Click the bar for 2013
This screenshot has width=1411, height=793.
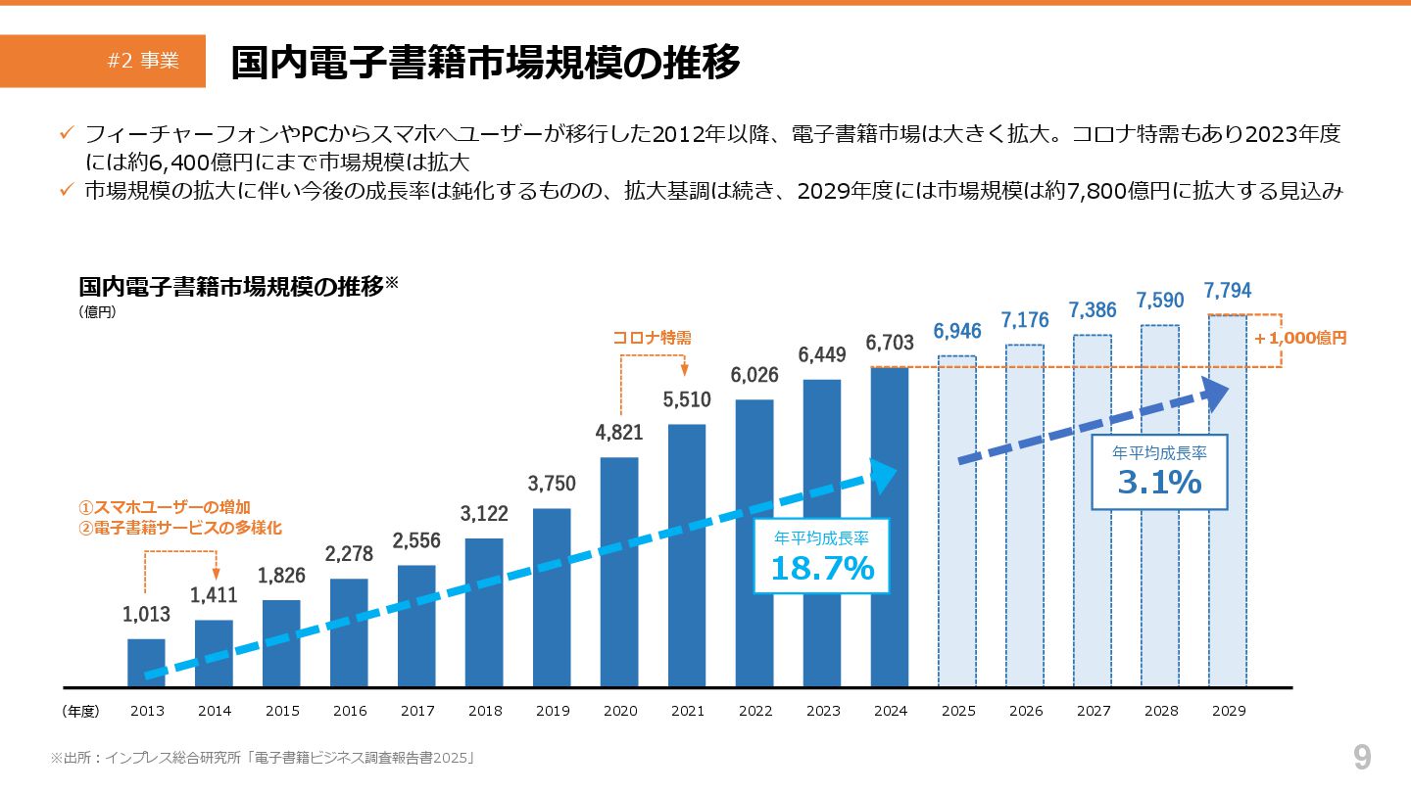[146, 663]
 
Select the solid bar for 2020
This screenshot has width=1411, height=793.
[619, 572]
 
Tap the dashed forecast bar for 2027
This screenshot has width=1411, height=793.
[1093, 510]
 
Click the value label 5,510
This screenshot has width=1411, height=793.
[687, 399]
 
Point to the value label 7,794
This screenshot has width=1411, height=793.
[1228, 291]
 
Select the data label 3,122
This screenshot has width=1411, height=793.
[484, 514]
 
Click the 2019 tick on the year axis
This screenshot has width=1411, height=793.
[552, 712]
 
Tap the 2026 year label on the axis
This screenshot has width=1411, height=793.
[1025, 712]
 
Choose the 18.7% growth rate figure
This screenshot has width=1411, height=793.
[821, 568]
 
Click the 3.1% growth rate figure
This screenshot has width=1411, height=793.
[1159, 482]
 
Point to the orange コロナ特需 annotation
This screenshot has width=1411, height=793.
[652, 338]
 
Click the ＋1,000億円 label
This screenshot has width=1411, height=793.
[1300, 338]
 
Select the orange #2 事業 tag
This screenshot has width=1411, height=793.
[143, 61]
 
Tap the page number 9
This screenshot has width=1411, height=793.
[1362, 757]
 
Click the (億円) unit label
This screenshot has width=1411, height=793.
[97, 313]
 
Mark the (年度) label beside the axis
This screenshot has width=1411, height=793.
[80, 712]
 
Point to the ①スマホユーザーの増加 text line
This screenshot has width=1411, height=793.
[165, 507]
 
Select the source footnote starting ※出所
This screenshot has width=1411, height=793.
[263, 758]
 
